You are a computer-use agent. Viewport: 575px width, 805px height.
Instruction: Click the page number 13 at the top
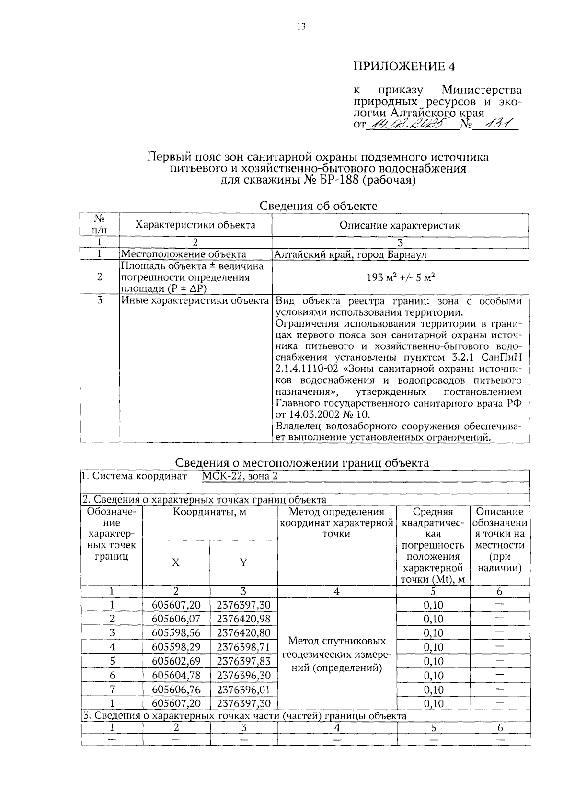point(300,26)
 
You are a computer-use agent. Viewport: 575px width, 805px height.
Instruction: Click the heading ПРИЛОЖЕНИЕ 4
point(404,66)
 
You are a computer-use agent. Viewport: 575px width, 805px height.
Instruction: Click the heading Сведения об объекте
point(318,206)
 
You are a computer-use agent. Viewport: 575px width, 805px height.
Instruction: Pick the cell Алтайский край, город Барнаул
point(350,254)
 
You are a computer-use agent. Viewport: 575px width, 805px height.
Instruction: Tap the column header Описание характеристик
point(400,225)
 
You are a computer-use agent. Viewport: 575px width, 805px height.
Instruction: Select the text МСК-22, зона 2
point(240,476)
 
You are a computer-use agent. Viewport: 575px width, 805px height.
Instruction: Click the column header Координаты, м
point(210,512)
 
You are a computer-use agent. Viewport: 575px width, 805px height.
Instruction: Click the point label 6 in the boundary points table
point(112,676)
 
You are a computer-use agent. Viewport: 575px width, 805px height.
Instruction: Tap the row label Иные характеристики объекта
point(195,301)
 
